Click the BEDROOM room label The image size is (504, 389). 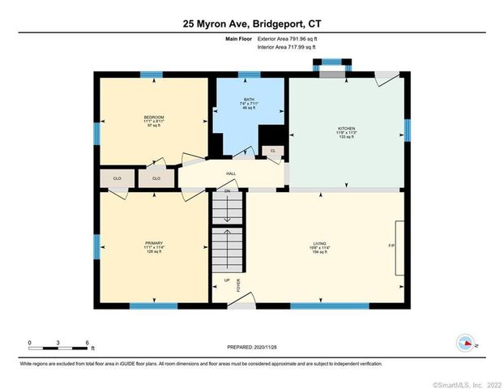coord(153,118)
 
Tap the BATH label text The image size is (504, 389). coord(249,99)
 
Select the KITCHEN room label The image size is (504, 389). coord(347,129)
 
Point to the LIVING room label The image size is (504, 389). coord(319,243)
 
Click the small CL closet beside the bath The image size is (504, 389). coord(273,151)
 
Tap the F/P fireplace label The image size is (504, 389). coord(391,246)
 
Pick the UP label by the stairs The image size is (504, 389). coord(227,280)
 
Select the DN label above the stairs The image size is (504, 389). coord(228,191)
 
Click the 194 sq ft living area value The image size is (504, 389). coord(319,253)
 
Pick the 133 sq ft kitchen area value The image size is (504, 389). coord(347,139)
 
